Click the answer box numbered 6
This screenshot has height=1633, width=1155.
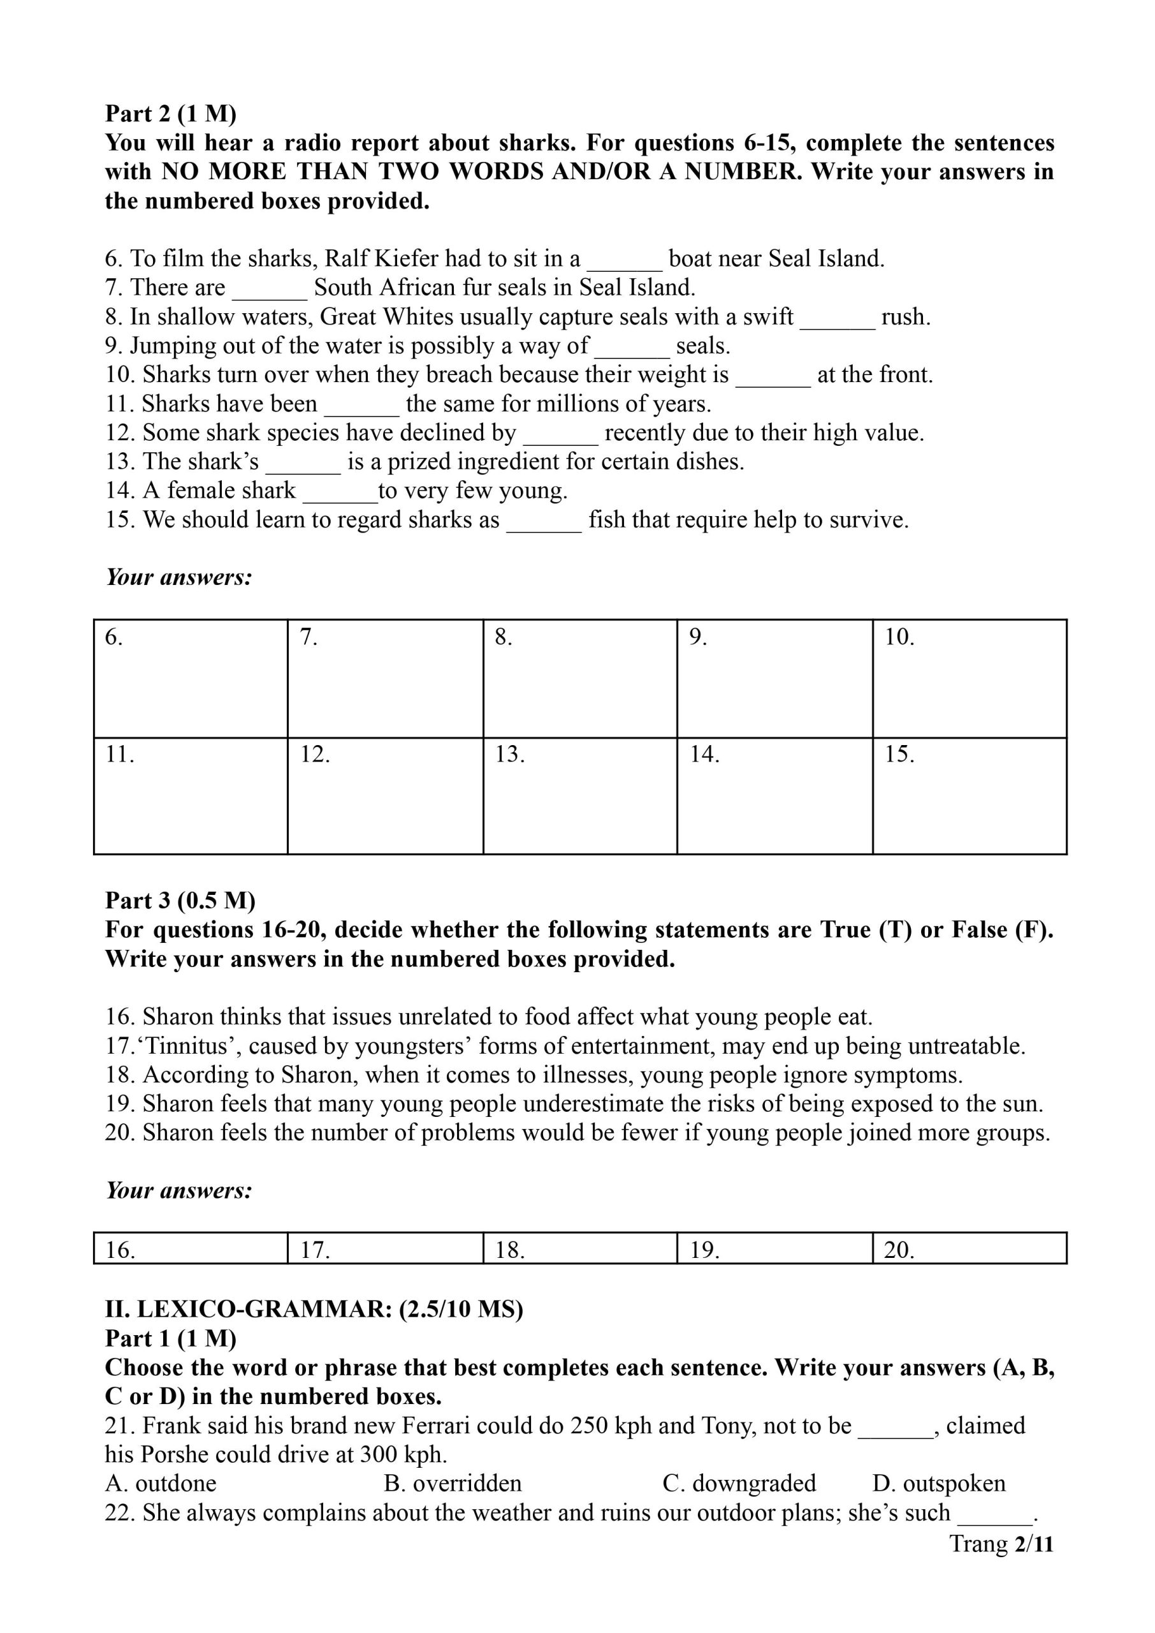point(191,678)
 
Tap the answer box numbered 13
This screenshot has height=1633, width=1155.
point(579,795)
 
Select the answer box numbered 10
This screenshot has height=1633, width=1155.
point(970,678)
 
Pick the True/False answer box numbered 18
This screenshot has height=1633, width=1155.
point(579,1248)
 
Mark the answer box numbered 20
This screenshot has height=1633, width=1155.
point(970,1248)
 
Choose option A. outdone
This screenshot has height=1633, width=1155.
point(161,1483)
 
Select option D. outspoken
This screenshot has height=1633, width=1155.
point(939,1483)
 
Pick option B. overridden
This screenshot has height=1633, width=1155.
point(453,1483)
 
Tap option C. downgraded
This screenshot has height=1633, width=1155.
point(739,1483)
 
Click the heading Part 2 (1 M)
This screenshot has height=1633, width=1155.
point(171,114)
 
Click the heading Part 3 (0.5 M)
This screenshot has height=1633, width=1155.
point(180,900)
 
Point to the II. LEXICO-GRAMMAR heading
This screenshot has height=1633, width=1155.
point(314,1308)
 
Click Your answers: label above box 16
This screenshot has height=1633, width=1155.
point(179,1190)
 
